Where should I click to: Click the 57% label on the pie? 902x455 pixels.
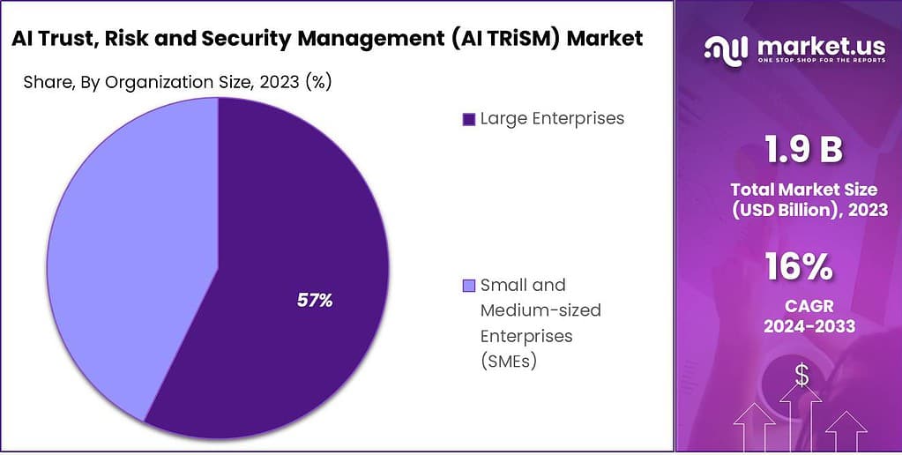(314, 301)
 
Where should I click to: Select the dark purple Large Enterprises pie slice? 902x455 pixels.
(291, 220)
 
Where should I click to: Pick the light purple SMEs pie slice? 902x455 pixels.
(123, 256)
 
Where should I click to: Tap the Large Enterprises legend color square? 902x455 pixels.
(468, 118)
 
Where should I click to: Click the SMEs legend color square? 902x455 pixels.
(468, 286)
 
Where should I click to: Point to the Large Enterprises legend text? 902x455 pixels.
(552, 118)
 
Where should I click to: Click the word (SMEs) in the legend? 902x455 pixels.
(510, 361)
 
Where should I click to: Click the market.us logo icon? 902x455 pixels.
(726, 49)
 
